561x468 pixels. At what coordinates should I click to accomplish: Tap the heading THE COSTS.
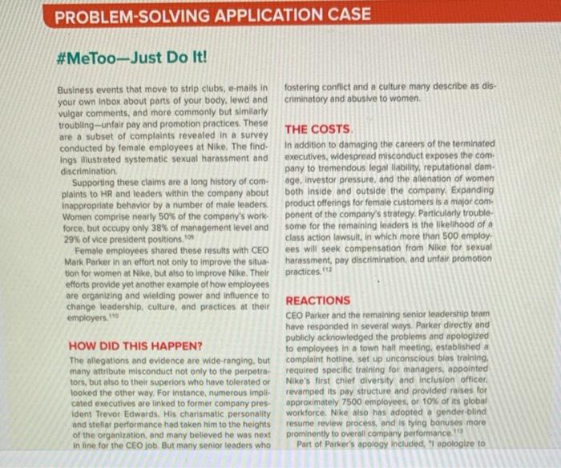point(319,129)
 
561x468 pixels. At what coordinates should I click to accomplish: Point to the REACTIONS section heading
point(317,301)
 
